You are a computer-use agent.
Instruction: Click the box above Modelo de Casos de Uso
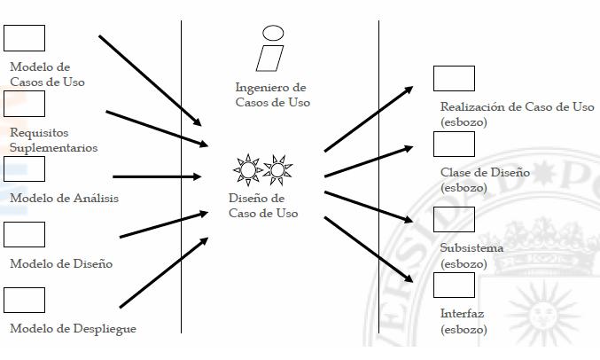(24, 39)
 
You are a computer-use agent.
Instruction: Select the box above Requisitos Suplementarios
(24, 104)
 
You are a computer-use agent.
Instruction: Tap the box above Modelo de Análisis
(24, 169)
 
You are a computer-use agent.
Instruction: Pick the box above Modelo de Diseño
(24, 234)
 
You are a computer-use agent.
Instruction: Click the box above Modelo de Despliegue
(24, 300)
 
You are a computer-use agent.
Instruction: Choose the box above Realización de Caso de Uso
(454, 79)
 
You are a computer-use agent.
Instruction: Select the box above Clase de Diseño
(454, 144)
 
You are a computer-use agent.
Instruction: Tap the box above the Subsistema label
(454, 219)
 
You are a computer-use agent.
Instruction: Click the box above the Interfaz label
(454, 285)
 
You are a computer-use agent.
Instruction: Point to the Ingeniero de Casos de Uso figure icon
(271, 49)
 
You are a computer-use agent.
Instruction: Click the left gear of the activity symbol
(247, 168)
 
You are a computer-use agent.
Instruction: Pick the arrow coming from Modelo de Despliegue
(164, 272)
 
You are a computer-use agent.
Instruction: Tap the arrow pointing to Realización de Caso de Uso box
(369, 119)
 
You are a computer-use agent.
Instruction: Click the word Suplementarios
(54, 148)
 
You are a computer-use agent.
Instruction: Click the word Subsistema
(471, 248)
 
